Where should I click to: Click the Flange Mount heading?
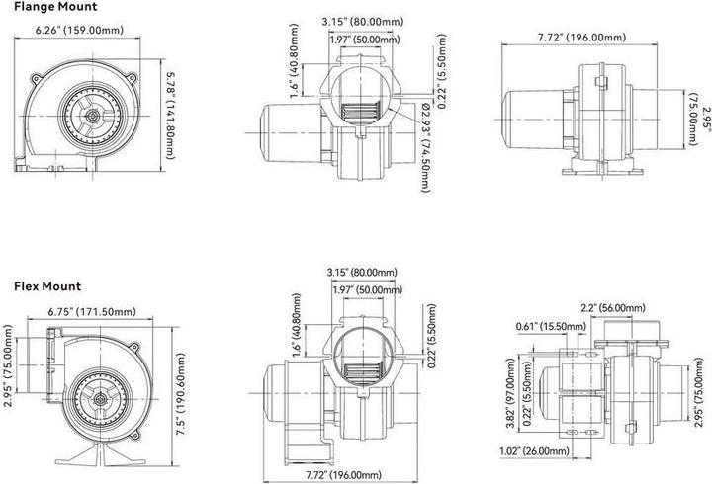click(55, 7)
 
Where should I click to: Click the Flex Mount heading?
click(47, 286)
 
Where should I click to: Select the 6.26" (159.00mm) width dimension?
click(79, 30)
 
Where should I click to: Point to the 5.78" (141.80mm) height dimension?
click(170, 116)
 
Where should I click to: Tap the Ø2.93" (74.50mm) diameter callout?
click(425, 147)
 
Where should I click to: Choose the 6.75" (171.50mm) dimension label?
click(92, 312)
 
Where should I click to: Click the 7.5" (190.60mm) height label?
click(181, 394)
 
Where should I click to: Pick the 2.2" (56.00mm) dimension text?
click(613, 308)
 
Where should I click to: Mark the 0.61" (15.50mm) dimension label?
click(551, 326)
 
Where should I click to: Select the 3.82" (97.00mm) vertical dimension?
click(510, 393)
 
